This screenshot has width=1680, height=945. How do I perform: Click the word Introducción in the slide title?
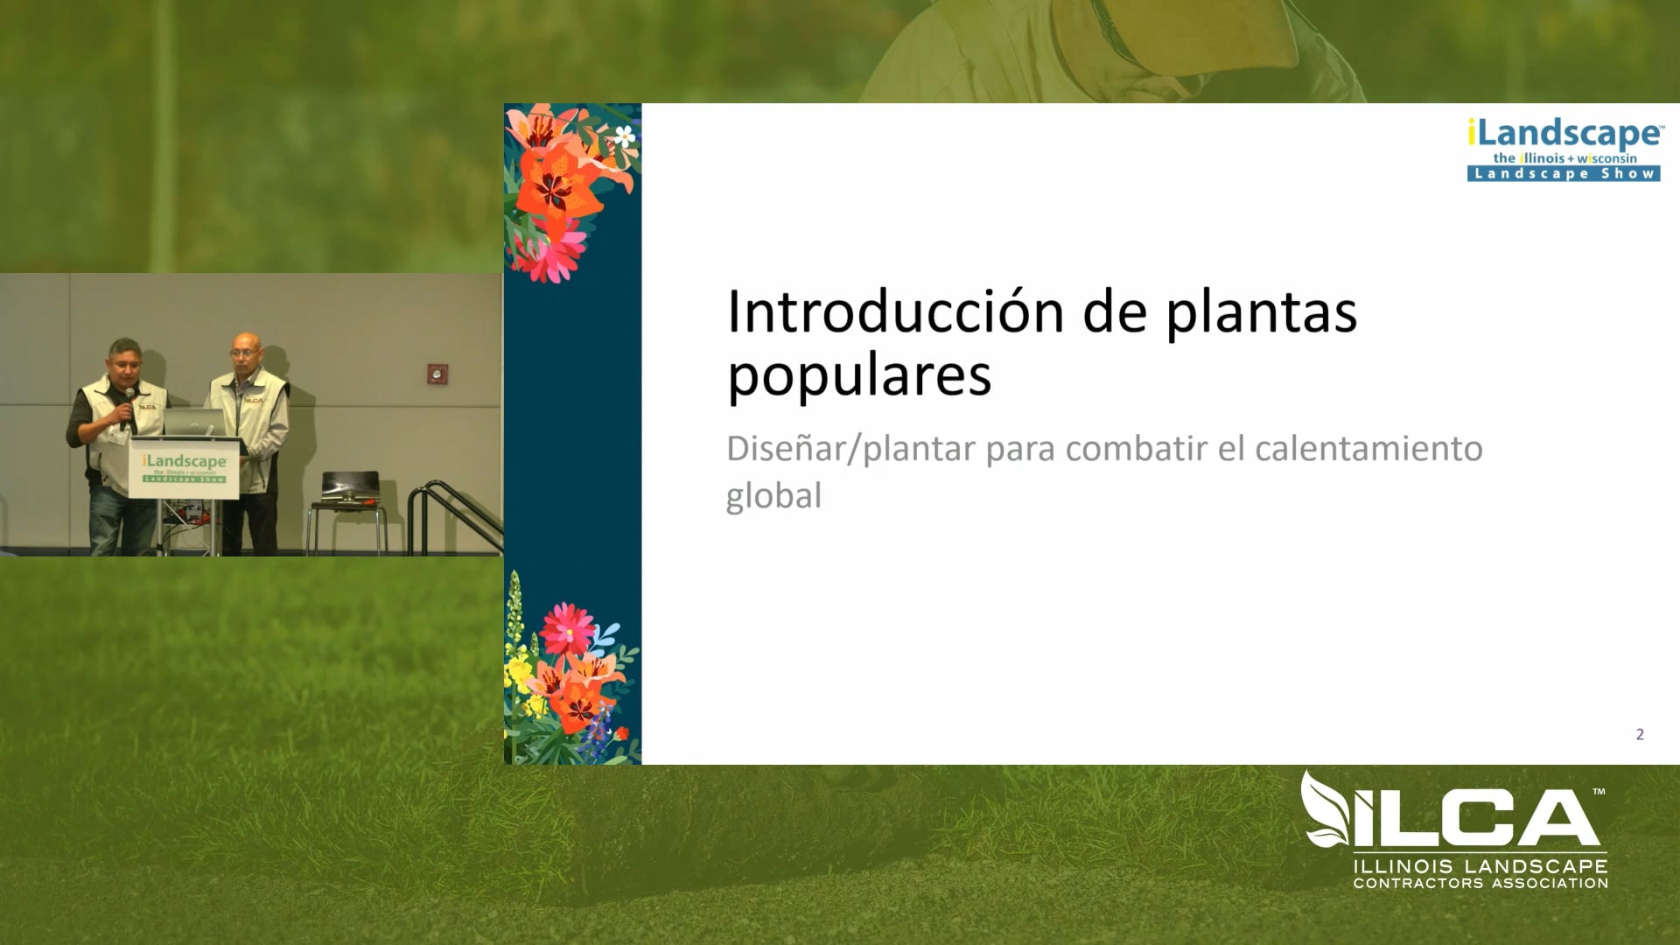point(884,311)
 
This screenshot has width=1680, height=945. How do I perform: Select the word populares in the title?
point(858,376)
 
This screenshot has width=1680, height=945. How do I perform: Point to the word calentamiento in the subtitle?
point(1368,448)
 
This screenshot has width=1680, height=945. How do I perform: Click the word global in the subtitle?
point(773,495)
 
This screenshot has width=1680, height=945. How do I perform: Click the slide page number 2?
point(1639,734)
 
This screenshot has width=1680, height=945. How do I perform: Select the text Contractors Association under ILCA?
point(1480,883)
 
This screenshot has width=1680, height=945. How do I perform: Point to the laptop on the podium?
point(194,423)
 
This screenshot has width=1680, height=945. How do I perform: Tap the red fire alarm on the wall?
point(436,374)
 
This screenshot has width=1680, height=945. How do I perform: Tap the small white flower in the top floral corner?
point(624,136)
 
